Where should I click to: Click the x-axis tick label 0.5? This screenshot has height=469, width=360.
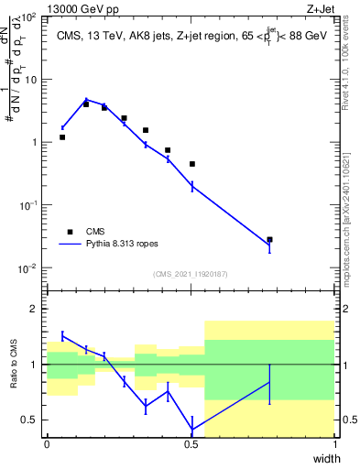pos(191,444)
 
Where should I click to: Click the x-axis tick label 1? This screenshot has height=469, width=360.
pos(334,444)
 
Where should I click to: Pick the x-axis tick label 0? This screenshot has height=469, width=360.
pos(47,444)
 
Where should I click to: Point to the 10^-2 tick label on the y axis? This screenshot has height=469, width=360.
pos(30,268)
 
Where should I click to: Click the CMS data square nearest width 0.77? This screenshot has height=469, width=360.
pos(269,239)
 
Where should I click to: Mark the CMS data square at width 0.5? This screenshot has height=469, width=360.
pos(192,164)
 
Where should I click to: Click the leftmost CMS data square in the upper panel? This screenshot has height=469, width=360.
pos(62,137)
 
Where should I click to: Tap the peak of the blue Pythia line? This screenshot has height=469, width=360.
pos(86,100)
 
